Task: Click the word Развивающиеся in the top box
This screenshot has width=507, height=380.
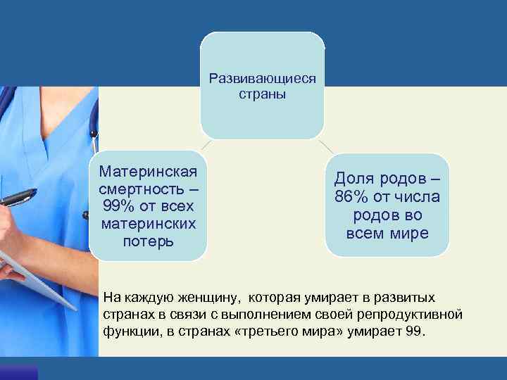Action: click(263, 79)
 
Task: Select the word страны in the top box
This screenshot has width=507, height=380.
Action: click(263, 94)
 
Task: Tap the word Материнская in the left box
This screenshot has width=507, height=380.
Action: click(149, 172)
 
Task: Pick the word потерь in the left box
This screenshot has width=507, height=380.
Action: click(149, 242)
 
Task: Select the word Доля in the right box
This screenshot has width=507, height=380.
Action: click(358, 179)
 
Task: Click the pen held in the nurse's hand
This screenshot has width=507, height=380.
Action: click(17, 197)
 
